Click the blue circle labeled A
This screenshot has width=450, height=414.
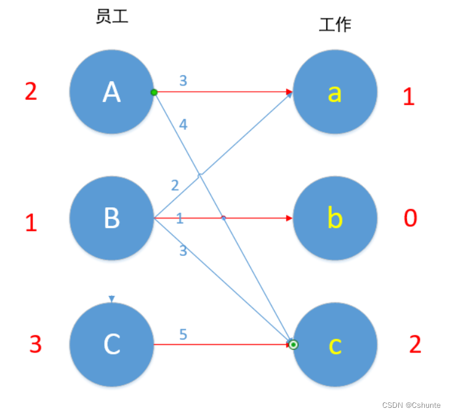[x=111, y=92]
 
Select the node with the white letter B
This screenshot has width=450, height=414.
[x=111, y=218]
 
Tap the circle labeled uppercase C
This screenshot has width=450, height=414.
[x=111, y=344]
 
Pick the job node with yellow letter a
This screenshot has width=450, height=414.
[x=334, y=92]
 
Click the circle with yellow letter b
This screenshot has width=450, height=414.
[x=334, y=218]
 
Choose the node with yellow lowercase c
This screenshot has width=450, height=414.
[x=334, y=344]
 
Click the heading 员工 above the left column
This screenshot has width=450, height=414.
[x=111, y=17]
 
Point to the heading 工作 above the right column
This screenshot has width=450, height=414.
[x=335, y=25]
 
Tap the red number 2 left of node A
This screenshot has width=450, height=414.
[x=31, y=92]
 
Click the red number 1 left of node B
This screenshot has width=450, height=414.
[x=31, y=223]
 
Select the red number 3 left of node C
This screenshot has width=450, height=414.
[x=36, y=344]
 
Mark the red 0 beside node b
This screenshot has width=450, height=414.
[x=410, y=218]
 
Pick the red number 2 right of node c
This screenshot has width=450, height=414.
[x=416, y=344]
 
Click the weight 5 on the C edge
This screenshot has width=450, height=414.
[x=183, y=335]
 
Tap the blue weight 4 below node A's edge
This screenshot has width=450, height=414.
[x=183, y=124]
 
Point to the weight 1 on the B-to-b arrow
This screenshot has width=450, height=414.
[x=179, y=218]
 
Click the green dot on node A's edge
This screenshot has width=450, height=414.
[x=154, y=92]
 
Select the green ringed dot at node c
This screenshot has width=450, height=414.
[x=294, y=344]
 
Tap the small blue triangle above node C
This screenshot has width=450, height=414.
[x=111, y=299]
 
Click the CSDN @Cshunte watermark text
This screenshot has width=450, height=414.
[x=411, y=405]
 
